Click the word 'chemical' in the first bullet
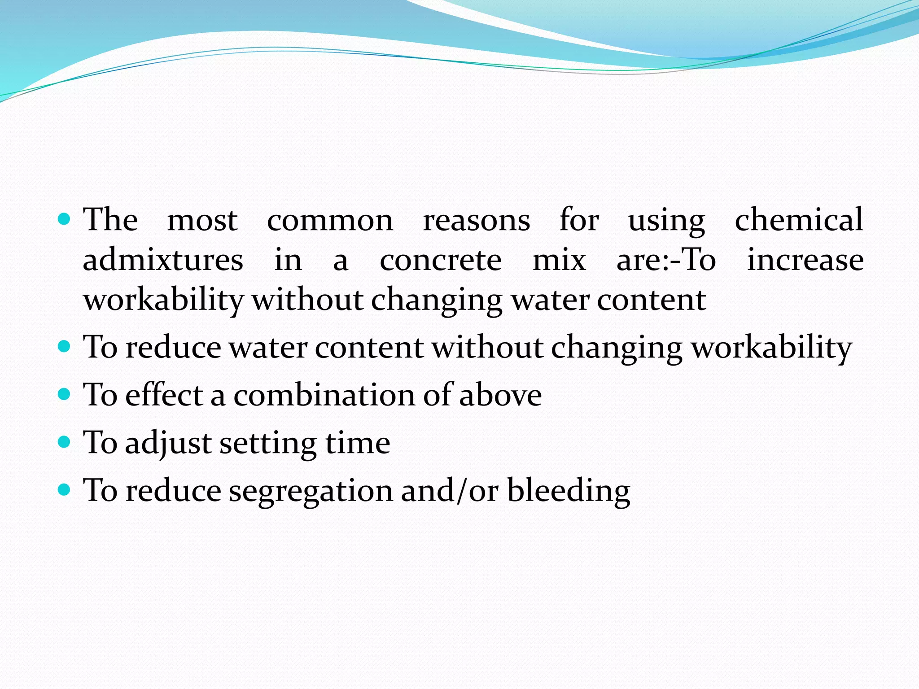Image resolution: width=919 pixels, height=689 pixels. click(799, 220)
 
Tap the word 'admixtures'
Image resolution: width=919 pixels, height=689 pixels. click(163, 260)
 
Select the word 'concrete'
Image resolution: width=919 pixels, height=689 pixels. click(441, 260)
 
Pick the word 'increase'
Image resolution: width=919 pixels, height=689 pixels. click(805, 260)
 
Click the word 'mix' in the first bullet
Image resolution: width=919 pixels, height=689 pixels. click(559, 260)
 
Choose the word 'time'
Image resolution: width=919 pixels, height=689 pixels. click(358, 443)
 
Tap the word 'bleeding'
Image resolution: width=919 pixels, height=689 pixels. click(569, 490)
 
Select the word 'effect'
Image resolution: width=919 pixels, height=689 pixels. click(164, 395)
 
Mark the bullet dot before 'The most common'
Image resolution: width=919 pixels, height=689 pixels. click(65, 219)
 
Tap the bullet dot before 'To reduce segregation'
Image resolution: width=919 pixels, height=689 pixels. click(65, 489)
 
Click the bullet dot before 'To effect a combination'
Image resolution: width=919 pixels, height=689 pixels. click(65, 394)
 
